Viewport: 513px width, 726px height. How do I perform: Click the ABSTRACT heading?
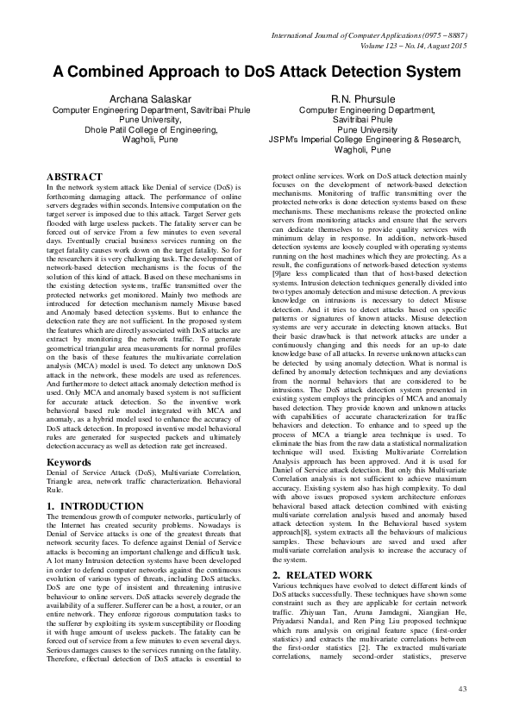coord(75,176)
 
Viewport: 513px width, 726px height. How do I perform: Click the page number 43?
coord(461,688)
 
